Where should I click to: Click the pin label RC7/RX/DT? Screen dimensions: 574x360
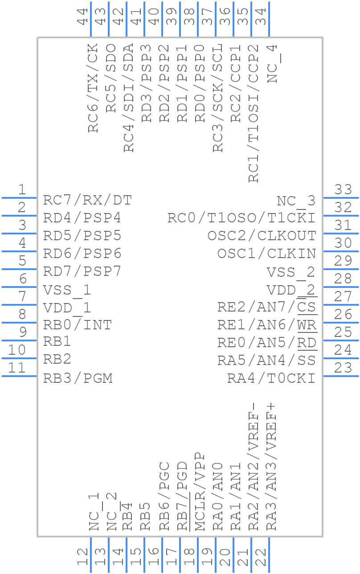[x=87, y=201]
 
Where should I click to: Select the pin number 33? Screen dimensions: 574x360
[x=343, y=190]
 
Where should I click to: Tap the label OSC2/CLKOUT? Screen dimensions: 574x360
[x=262, y=236]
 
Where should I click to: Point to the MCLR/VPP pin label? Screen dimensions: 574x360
[x=200, y=492]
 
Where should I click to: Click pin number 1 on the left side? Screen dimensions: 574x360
[x=21, y=190]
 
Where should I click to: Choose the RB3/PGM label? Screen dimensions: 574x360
[x=78, y=378]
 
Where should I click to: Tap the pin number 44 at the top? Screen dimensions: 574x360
[x=83, y=17]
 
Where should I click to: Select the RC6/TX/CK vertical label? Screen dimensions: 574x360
[x=93, y=88]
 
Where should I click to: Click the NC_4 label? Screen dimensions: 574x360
[x=272, y=63]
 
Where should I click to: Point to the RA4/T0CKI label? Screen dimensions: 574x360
[x=271, y=378]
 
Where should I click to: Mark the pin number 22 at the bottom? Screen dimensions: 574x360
[x=261, y=557]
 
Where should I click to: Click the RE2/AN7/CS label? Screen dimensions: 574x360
[x=267, y=307]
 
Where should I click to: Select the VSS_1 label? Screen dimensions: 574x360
[x=67, y=290]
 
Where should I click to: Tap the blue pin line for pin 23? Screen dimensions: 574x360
[x=340, y=376]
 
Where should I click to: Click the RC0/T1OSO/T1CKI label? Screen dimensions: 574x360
[x=241, y=218]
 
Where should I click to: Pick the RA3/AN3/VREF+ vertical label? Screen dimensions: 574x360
[x=271, y=467]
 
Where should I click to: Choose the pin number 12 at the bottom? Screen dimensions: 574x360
[x=83, y=557]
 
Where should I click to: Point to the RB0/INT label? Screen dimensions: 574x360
[x=77, y=325]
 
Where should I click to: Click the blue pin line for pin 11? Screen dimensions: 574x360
[x=19, y=376]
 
